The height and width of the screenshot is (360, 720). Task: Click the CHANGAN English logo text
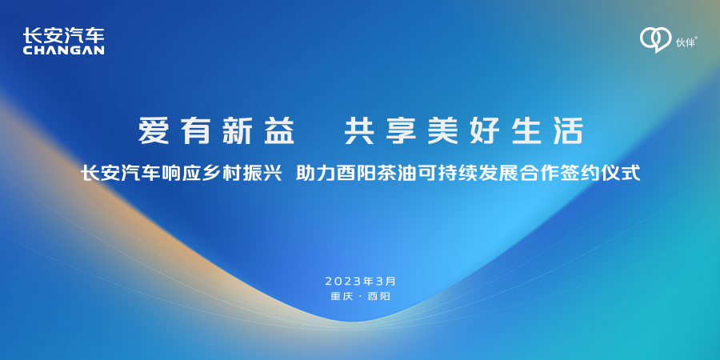(x=63, y=50)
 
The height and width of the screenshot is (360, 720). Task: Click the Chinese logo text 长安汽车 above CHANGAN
(x=63, y=35)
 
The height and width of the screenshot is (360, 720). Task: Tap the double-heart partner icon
(x=656, y=40)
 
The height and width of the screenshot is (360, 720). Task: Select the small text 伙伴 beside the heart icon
(x=686, y=42)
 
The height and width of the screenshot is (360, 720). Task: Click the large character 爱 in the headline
(x=154, y=131)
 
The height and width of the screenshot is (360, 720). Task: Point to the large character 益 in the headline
(x=278, y=131)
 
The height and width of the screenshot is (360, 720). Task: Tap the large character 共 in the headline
(x=360, y=131)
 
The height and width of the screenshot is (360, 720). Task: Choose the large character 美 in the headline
(x=443, y=131)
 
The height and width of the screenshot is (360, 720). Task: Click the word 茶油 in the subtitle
(x=390, y=174)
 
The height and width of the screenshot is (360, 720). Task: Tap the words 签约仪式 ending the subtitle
(x=603, y=174)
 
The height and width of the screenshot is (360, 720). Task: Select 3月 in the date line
(x=384, y=281)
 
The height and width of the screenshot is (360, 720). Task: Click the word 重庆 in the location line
(x=341, y=296)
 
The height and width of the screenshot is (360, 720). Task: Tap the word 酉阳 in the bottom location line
(x=379, y=296)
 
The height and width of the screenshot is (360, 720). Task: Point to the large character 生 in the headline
(x=526, y=131)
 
